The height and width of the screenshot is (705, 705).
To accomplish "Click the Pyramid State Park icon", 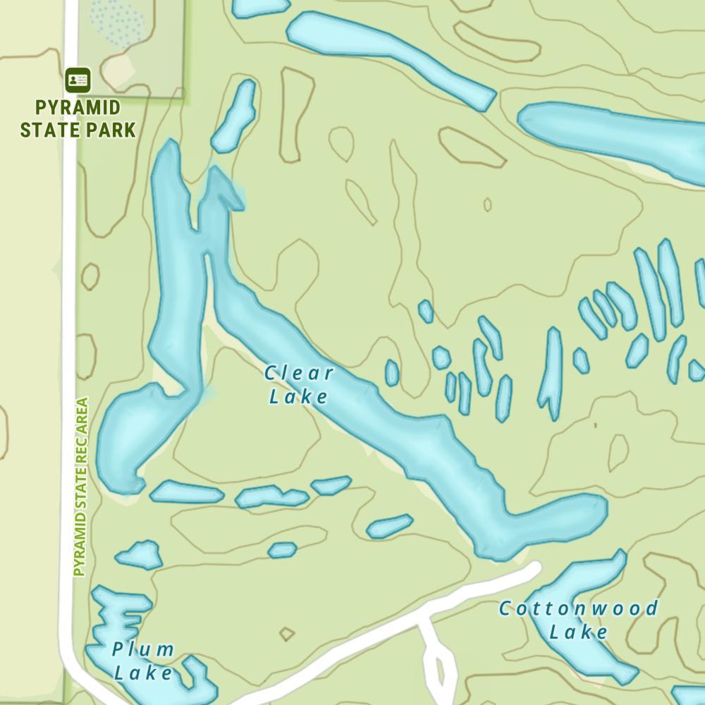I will pyautogui.click(x=78, y=80).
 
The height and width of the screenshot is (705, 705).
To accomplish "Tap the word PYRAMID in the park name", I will pyautogui.click(x=78, y=109).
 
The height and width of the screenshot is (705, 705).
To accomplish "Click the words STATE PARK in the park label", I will pyautogui.click(x=78, y=130).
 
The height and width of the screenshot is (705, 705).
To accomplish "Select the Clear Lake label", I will pyautogui.click(x=299, y=384).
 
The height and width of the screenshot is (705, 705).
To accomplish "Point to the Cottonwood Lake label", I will pyautogui.click(x=579, y=619).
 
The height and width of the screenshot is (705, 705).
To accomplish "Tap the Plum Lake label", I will pyautogui.click(x=144, y=661).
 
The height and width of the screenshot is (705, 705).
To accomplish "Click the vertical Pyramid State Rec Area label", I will pyautogui.click(x=82, y=486).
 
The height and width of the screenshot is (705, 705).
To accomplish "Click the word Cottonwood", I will pyautogui.click(x=579, y=608).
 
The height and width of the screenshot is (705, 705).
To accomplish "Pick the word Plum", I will pyautogui.click(x=144, y=649).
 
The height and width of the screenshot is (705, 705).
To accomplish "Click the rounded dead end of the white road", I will pyautogui.click(x=534, y=568).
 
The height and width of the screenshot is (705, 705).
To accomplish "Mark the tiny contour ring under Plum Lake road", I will pyautogui.click(x=286, y=634).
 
